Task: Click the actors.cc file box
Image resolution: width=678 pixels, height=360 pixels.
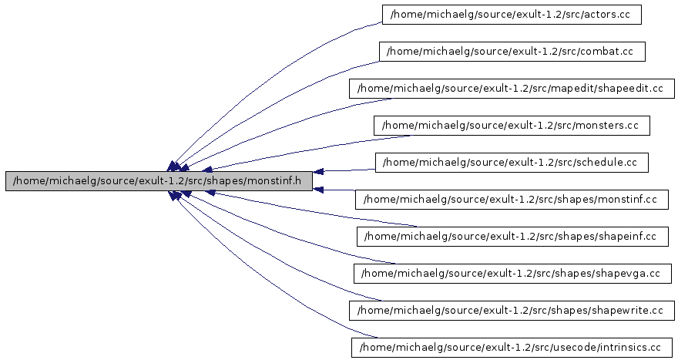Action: (512, 15)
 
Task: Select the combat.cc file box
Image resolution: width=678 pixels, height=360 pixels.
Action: (512, 52)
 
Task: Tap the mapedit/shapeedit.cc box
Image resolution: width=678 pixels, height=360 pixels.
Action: (512, 89)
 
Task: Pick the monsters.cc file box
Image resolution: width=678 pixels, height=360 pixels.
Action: (512, 126)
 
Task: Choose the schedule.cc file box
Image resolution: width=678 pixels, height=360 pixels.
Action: (512, 163)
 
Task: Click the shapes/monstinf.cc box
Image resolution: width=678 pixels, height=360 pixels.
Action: (512, 200)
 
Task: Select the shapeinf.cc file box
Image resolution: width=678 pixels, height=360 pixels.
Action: (512, 237)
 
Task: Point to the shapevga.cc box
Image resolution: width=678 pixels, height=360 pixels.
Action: (512, 274)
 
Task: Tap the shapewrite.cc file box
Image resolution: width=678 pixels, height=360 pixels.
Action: (512, 311)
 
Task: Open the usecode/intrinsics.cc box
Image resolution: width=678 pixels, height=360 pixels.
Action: (512, 348)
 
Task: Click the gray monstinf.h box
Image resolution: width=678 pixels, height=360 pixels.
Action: (159, 181)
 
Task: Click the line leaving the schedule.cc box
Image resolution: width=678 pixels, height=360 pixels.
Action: (347, 170)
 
